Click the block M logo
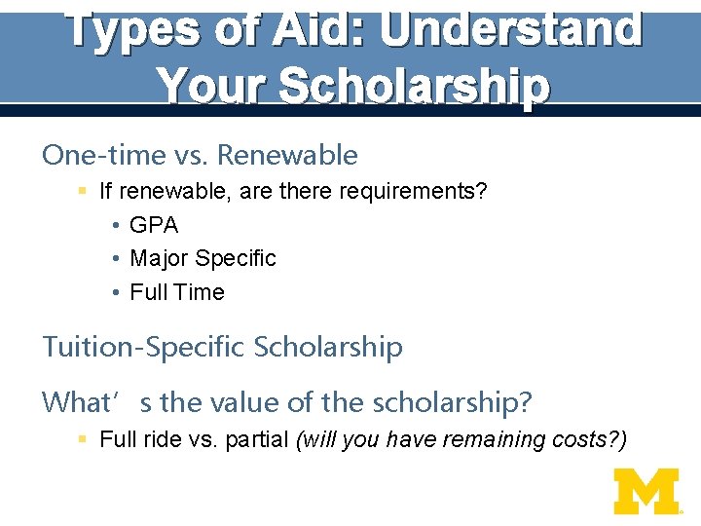(x=646, y=491)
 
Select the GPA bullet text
(x=154, y=225)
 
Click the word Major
(x=159, y=258)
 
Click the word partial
(x=257, y=439)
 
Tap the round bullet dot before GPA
(x=115, y=226)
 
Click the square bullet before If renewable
(x=84, y=192)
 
